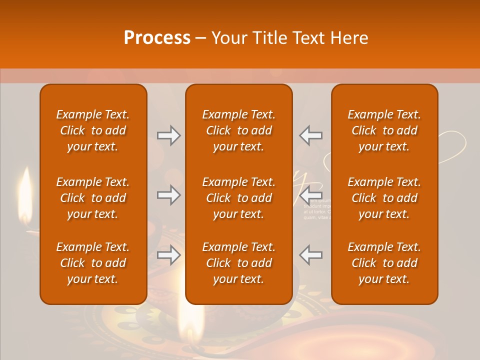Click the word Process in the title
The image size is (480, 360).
click(157, 37)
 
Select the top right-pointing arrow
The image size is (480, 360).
click(168, 135)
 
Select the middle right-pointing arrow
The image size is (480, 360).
click(168, 195)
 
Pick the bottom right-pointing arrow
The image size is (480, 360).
click(168, 255)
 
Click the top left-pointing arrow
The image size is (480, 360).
click(311, 135)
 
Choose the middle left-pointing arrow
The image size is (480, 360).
click(311, 195)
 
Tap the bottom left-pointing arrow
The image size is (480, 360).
click(311, 255)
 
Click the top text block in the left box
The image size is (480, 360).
click(93, 130)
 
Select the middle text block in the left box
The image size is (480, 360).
click(93, 198)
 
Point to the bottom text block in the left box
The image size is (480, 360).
click(93, 263)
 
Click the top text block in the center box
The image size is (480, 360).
click(238, 130)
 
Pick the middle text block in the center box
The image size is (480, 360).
click(238, 198)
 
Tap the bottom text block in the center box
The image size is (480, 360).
click(238, 263)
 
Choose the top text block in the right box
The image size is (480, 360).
click(384, 130)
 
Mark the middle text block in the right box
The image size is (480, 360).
click(384, 198)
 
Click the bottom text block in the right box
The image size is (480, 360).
click(384, 263)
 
